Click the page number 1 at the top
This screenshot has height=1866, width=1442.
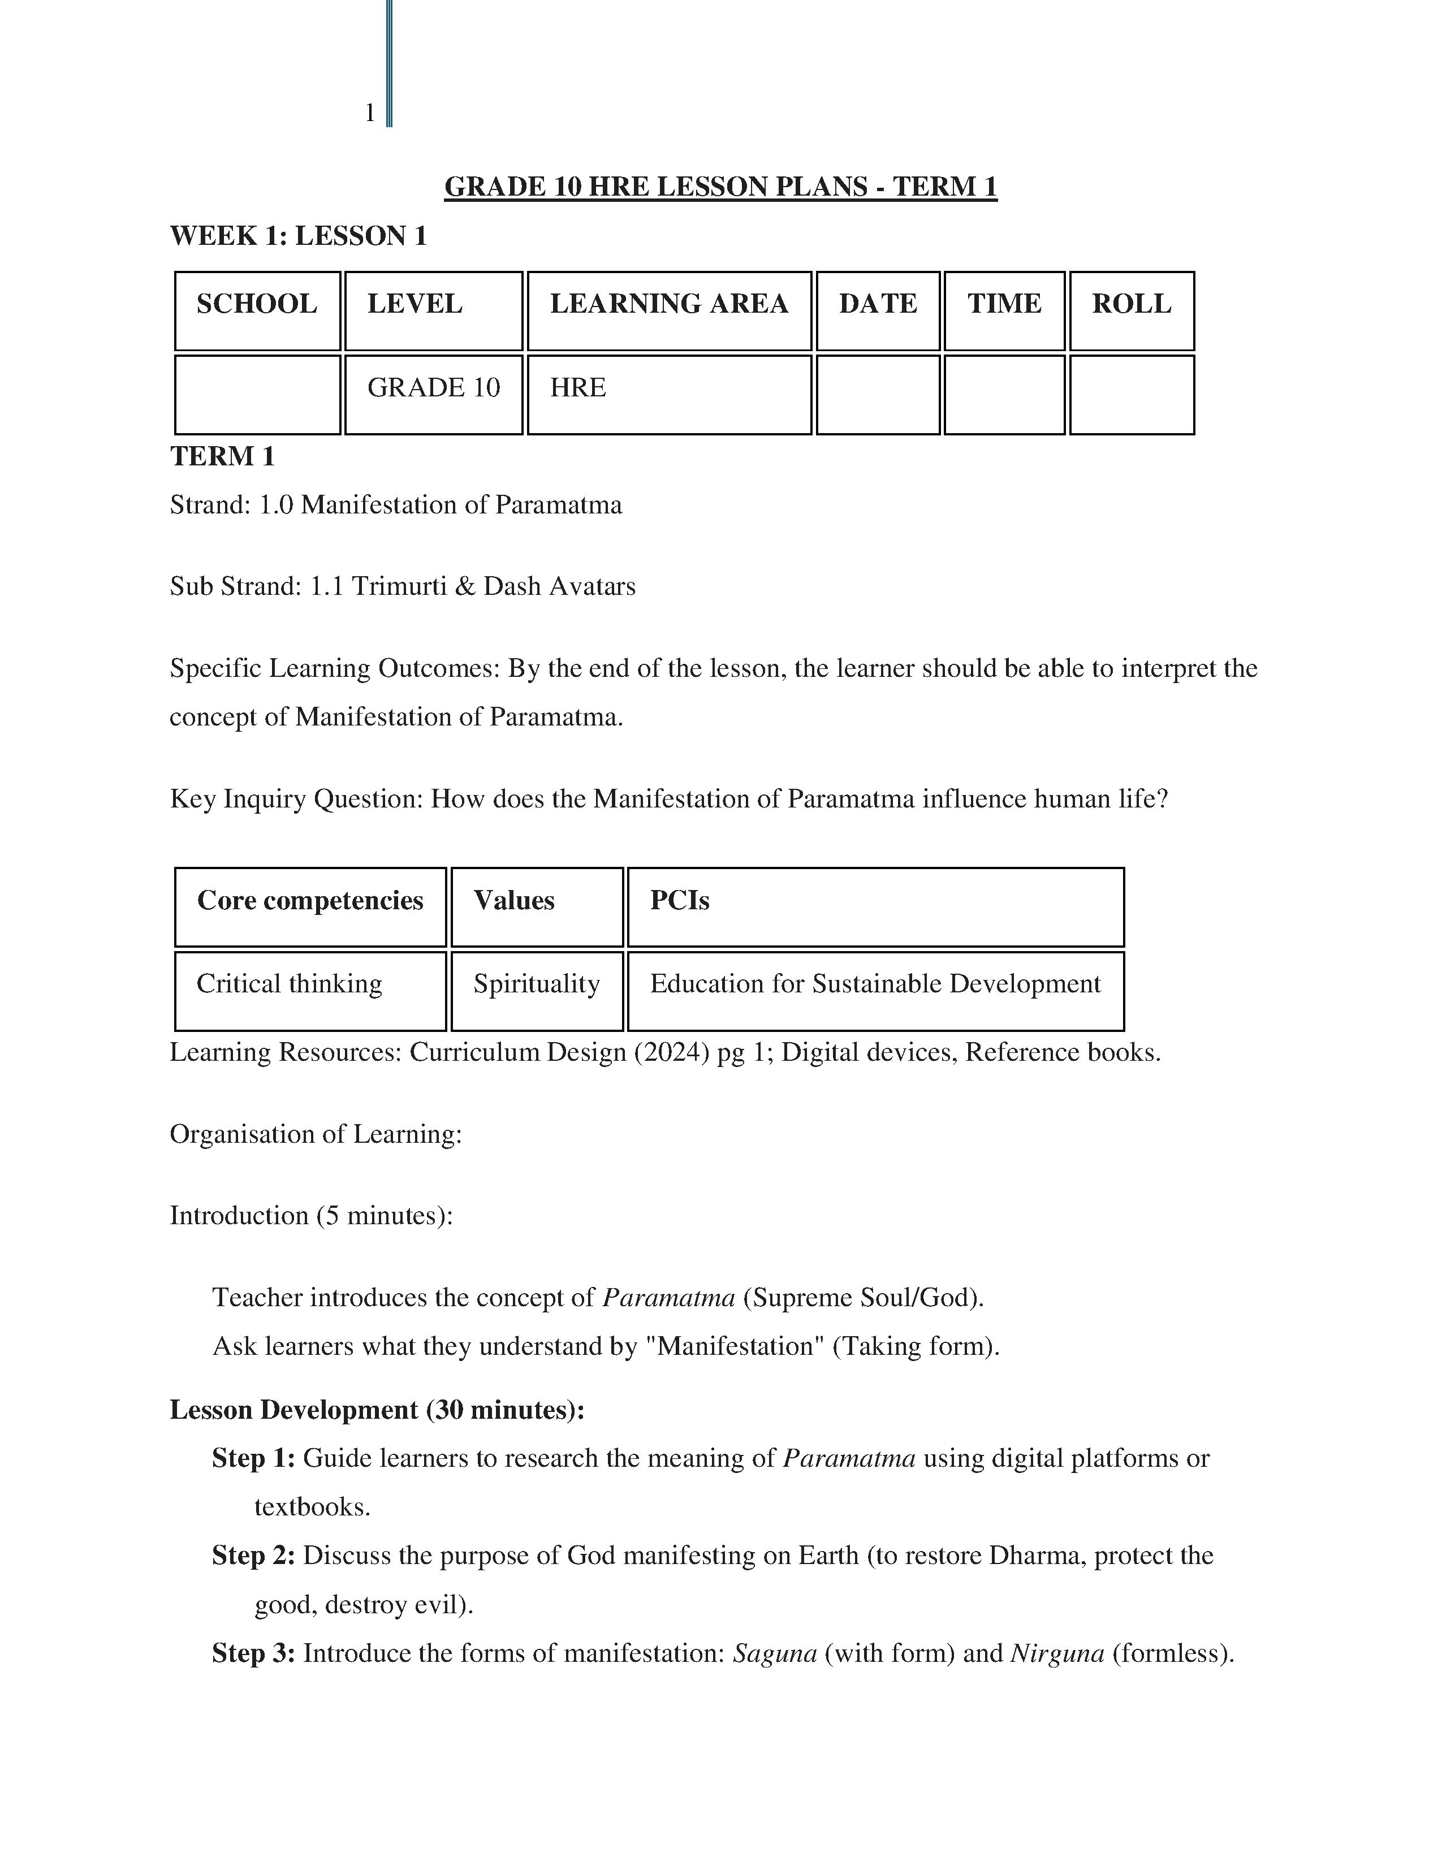(x=370, y=113)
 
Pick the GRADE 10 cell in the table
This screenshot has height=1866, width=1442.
(x=433, y=388)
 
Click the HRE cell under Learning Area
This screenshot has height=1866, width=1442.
(x=578, y=388)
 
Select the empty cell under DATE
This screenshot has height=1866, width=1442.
(x=877, y=395)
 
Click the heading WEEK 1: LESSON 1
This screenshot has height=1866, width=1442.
(x=298, y=236)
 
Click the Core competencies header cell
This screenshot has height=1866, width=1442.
(x=310, y=901)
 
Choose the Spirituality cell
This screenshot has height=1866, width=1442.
(x=537, y=984)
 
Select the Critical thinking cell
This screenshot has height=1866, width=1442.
(x=290, y=984)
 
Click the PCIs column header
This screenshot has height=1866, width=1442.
(x=679, y=901)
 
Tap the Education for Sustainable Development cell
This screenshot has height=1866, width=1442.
(x=875, y=984)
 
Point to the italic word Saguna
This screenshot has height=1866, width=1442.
(x=775, y=1654)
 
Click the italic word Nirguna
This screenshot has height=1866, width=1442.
(x=1057, y=1654)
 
